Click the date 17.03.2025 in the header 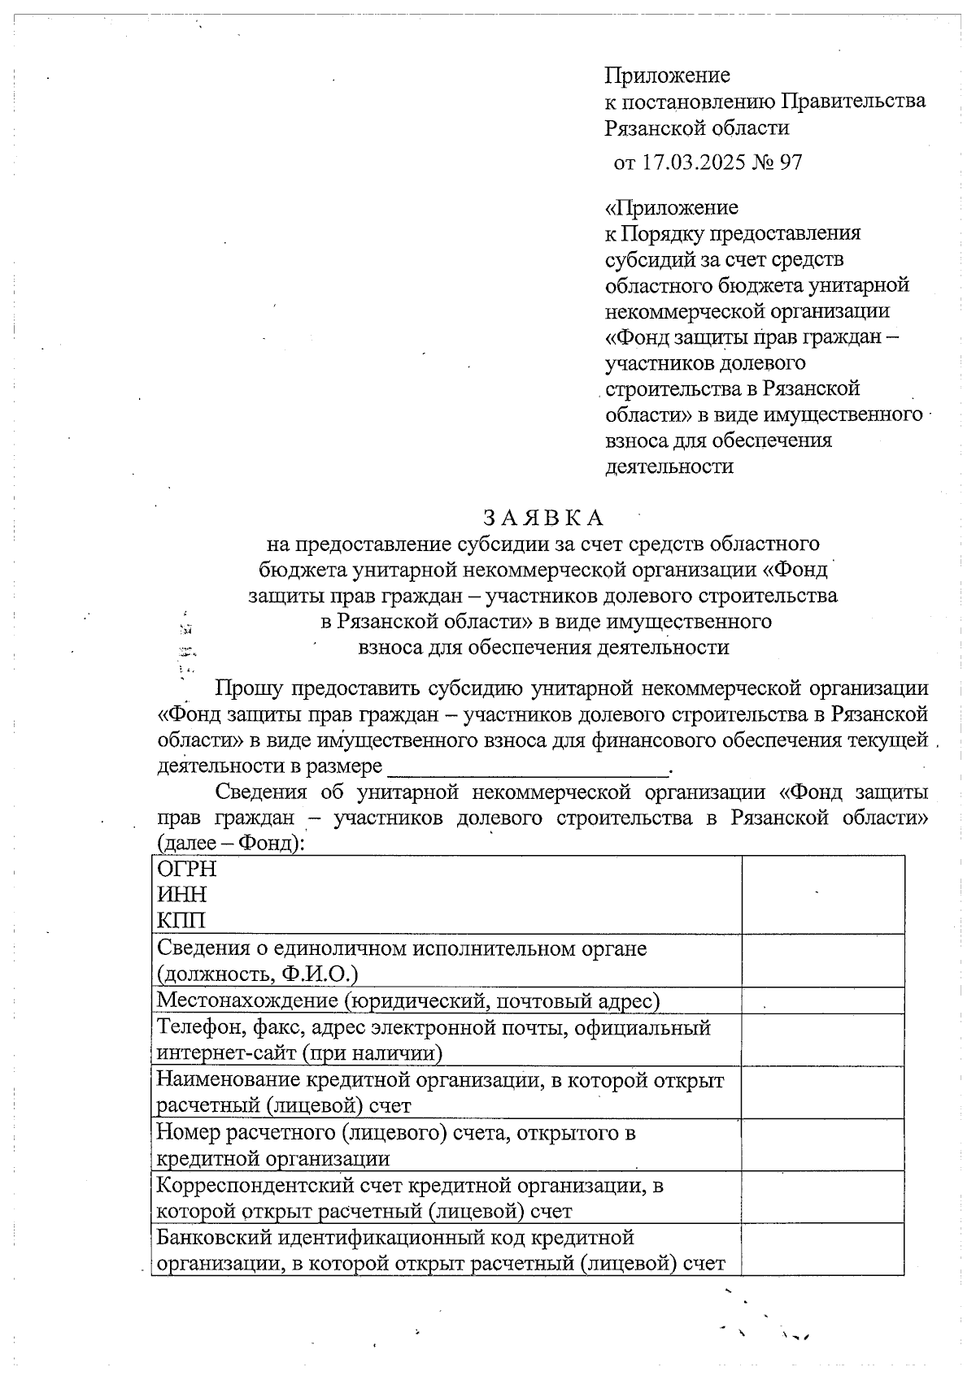(x=693, y=163)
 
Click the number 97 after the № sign (x=791, y=163)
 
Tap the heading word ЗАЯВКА (x=543, y=517)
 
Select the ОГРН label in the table (x=187, y=869)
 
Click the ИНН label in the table (x=182, y=895)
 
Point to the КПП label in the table (x=181, y=921)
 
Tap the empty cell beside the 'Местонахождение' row (x=822, y=1000)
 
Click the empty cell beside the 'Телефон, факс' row (x=822, y=1039)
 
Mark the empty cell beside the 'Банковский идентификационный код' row (x=822, y=1249)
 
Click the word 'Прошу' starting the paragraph (x=249, y=688)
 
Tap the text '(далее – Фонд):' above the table (x=231, y=843)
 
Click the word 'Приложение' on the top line (x=667, y=76)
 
